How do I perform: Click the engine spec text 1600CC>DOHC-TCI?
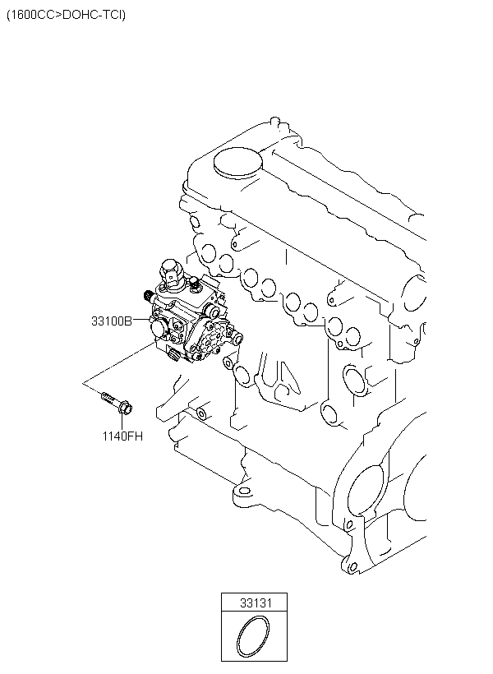[66, 15]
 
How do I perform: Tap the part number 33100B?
[112, 321]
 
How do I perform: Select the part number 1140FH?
[122, 436]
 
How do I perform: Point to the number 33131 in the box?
[256, 602]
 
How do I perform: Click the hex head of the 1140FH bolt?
[125, 407]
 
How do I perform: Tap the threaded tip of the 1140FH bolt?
[105, 395]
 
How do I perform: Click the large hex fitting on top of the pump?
[170, 270]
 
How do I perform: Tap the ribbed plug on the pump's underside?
[173, 355]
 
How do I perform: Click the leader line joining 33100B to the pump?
[141, 320]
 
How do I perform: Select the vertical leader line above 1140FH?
[122, 422]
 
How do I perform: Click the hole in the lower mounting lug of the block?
[244, 491]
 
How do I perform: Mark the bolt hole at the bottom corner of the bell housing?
[352, 567]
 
